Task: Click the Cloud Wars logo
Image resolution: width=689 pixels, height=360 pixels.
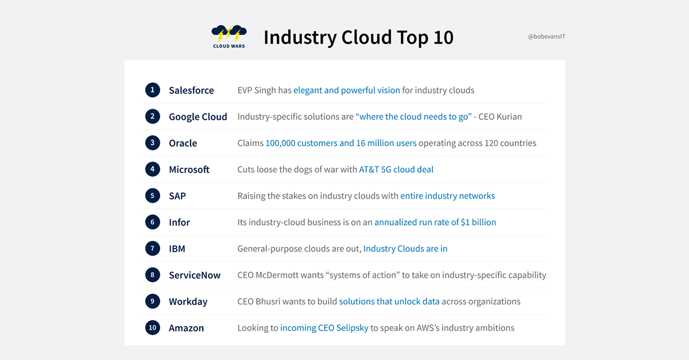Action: [x=229, y=37]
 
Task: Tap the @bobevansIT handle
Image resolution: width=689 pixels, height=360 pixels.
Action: [x=547, y=37]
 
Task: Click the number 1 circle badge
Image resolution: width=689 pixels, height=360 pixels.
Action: [x=153, y=90]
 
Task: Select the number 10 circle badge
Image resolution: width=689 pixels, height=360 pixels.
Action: [x=153, y=327]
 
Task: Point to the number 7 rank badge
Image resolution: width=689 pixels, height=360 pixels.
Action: [x=153, y=248]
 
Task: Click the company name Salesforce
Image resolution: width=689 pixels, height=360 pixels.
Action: [x=191, y=90]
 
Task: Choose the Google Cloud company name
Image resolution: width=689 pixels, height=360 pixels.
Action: [x=198, y=117]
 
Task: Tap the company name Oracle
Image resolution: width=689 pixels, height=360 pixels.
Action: [x=183, y=143]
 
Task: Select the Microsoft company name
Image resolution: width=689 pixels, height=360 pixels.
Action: [x=189, y=169]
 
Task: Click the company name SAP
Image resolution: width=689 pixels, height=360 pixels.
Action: [x=177, y=196]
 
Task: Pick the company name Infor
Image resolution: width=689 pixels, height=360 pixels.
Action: [x=179, y=222]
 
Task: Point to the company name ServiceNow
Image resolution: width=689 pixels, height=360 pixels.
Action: [x=195, y=275]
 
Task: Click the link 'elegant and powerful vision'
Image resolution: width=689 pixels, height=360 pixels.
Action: [x=347, y=90]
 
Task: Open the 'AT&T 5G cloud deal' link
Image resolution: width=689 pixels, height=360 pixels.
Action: [x=396, y=169]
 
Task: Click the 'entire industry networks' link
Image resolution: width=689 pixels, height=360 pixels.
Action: [x=447, y=196]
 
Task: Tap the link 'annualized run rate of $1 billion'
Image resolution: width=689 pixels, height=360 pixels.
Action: [x=435, y=222]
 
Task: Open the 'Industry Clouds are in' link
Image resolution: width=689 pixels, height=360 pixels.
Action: [x=405, y=248]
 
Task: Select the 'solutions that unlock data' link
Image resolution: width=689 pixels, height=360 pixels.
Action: [x=389, y=301]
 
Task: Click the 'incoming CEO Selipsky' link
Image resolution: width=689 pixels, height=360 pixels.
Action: [x=324, y=328]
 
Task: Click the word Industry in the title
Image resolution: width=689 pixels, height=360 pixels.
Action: [x=300, y=37]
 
